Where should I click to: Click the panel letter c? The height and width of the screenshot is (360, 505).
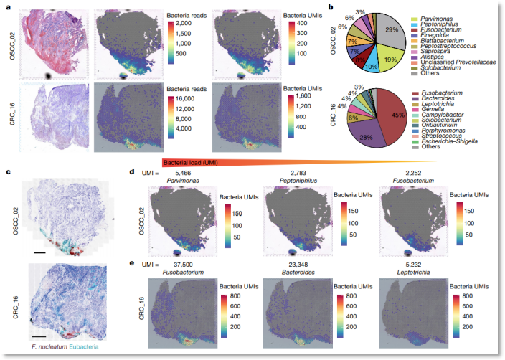click(x=7, y=171)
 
